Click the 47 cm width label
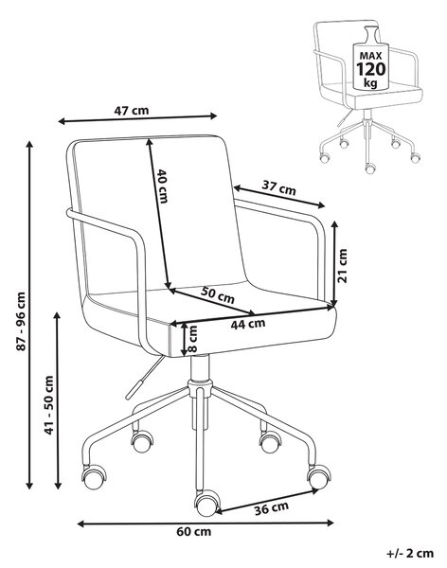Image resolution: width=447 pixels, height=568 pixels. pos(132,110)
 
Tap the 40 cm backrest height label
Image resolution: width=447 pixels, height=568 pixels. pos(162,186)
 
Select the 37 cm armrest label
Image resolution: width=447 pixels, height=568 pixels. pos(278,188)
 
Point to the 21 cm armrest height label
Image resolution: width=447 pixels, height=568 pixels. pos(342,265)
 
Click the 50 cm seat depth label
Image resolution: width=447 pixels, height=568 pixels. pos(218,294)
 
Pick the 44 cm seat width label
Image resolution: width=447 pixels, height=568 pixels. pos(248,324)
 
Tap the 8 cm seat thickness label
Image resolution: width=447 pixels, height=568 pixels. pos(192,339)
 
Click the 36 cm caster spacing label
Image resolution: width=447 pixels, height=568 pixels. pos(271,508)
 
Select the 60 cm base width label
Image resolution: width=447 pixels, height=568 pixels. pos(193,532)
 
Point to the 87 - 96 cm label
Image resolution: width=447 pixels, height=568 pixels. pos(22,321)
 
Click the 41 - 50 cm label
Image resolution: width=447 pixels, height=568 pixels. pos(48,405)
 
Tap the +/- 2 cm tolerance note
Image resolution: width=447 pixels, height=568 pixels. pos(410,554)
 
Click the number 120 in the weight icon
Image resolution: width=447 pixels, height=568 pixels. pos(371,69)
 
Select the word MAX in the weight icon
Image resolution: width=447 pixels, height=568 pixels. pos(370,56)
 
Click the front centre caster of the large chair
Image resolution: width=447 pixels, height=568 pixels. pos(207,504)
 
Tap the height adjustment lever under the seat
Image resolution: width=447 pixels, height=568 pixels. pos(145,378)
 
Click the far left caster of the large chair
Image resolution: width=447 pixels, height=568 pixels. pos(94,477)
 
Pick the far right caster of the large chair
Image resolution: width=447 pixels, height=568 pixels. pos(318,477)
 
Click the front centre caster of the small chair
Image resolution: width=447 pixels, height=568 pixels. pos(369,169)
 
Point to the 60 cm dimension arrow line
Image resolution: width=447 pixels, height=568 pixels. pos(206,524)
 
